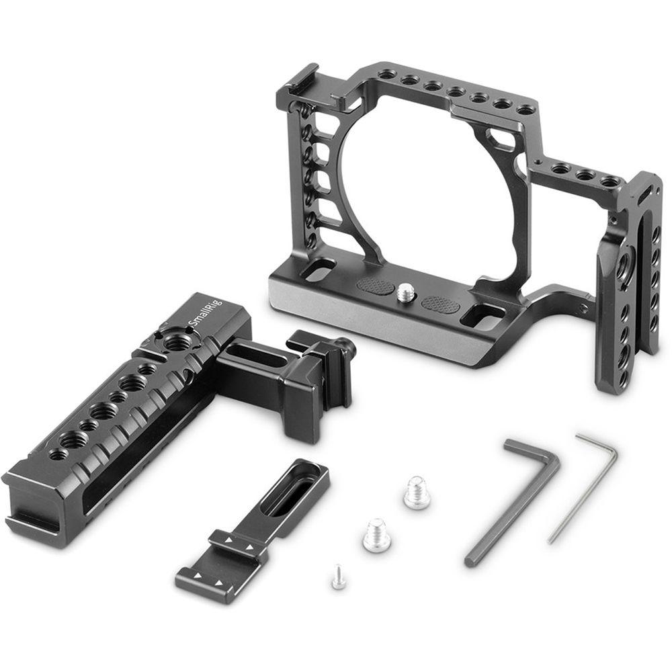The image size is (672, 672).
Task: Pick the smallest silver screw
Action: (x=338, y=577)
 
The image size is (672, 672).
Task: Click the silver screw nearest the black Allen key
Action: (x=417, y=494)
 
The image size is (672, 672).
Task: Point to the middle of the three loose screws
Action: (x=376, y=535)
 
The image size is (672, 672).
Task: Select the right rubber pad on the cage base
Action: (x=441, y=304)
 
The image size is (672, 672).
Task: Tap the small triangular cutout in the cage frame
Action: (x=501, y=140)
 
